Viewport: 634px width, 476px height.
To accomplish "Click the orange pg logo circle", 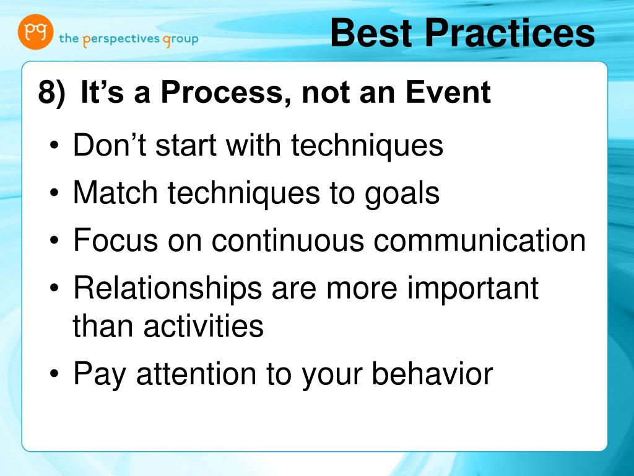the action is (x=35, y=32).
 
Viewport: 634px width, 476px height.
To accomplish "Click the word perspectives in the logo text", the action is (x=121, y=40).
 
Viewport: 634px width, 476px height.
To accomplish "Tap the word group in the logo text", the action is (x=181, y=40).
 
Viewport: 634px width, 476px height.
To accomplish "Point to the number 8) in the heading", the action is (x=51, y=93).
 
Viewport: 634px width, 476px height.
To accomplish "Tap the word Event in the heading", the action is (x=448, y=92).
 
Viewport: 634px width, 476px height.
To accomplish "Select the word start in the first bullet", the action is (x=186, y=146).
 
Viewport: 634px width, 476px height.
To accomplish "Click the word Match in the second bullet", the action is (x=115, y=192).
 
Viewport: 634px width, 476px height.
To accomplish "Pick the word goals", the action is (x=402, y=194).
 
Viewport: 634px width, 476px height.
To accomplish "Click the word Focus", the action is (x=115, y=240).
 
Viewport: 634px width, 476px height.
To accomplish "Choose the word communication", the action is (x=480, y=240).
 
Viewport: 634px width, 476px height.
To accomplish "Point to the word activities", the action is (x=203, y=325).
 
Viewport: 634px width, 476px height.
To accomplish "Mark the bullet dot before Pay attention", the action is (x=54, y=374).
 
